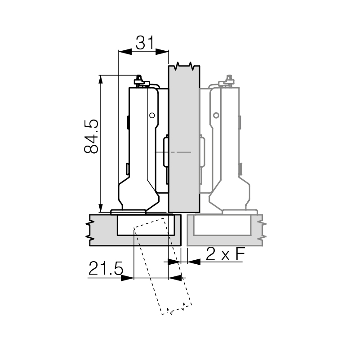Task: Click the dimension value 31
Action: (x=144, y=43)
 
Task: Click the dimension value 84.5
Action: (x=91, y=136)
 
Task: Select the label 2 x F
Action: (x=226, y=254)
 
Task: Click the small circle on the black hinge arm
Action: (x=152, y=115)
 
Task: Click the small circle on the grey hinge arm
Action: (x=216, y=115)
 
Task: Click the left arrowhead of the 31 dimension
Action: (x=125, y=52)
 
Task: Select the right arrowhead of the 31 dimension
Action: (x=162, y=52)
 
